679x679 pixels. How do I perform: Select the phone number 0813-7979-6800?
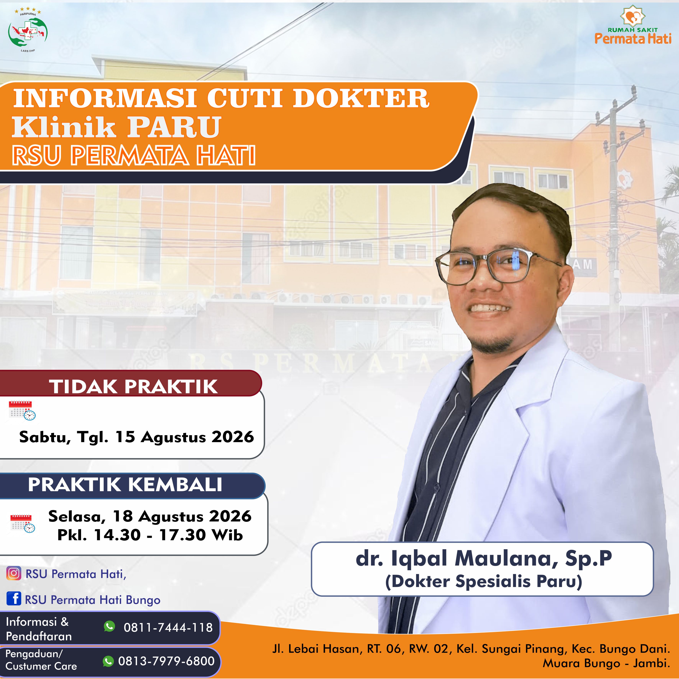pyautogui.click(x=166, y=661)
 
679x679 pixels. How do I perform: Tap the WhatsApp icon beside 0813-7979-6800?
pyautogui.click(x=108, y=661)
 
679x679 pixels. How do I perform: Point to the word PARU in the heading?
pyautogui.click(x=174, y=127)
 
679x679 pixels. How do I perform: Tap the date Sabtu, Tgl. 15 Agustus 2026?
pyautogui.click(x=136, y=437)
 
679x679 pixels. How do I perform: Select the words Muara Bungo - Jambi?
pyautogui.click(x=606, y=663)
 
